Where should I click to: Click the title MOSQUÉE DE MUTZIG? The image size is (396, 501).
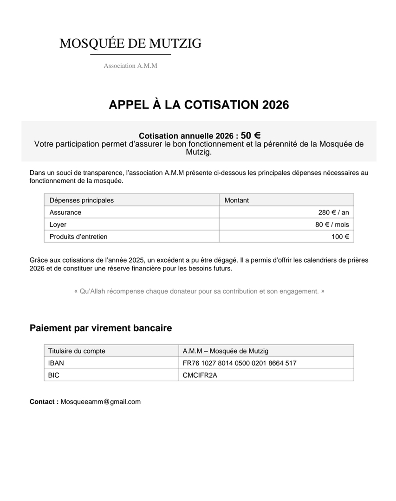click(130, 44)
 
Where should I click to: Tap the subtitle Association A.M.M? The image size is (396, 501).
click(130, 66)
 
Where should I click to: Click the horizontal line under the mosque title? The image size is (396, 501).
click(130, 55)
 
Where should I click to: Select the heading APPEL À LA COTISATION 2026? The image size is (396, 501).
click(199, 105)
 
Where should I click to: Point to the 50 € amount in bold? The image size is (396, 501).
click(251, 135)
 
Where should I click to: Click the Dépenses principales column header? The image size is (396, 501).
click(82, 200)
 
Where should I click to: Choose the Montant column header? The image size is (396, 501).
click(237, 200)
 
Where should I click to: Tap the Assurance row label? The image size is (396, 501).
click(65, 212)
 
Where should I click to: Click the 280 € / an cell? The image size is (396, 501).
click(333, 212)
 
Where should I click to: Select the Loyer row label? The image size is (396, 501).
click(58, 225)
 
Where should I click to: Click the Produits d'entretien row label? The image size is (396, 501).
click(78, 237)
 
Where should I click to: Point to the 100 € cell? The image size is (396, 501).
click(340, 237)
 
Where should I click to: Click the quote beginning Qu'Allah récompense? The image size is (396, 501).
click(199, 291)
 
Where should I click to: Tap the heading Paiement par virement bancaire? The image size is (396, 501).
click(101, 328)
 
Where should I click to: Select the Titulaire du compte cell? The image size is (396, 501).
click(77, 351)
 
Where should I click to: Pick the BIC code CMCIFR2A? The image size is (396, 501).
click(200, 375)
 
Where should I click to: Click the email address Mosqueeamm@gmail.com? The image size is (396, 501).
click(101, 402)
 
